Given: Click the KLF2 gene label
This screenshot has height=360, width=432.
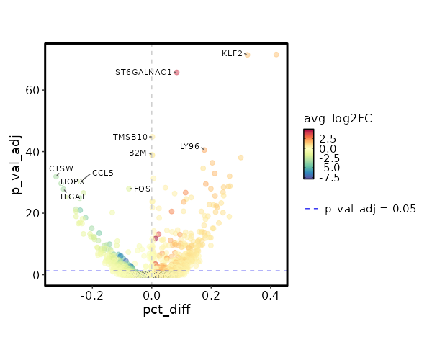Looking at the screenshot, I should [232, 54].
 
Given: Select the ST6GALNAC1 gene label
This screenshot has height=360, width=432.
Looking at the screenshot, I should [143, 72].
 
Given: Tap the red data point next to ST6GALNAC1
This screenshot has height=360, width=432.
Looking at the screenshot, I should [176, 72].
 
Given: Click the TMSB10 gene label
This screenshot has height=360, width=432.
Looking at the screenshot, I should [130, 137].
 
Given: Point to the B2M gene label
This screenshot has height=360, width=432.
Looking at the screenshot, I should [138, 153].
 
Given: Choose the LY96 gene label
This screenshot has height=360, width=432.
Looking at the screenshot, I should [189, 147].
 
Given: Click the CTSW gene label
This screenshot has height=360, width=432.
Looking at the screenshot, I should [61, 168].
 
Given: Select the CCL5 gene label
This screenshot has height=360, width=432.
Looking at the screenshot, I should [103, 173].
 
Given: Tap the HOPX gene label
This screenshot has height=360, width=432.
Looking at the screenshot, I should [73, 182].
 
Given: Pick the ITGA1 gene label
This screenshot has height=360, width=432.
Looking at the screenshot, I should [73, 197].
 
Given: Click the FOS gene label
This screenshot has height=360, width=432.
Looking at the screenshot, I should [142, 189].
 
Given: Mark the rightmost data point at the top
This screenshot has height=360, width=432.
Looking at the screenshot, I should [276, 55].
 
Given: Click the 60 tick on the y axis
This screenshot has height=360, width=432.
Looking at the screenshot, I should [32, 90].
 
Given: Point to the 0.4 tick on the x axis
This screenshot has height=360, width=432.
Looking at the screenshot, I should [270, 295].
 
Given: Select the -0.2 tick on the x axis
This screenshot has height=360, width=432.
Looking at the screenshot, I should [92, 295].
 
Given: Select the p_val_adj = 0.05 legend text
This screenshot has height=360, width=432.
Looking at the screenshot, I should [370, 209].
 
